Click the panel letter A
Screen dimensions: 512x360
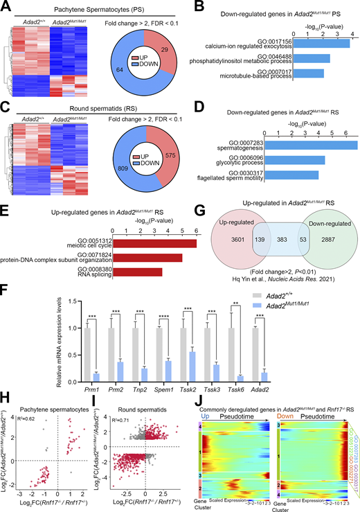6,8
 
